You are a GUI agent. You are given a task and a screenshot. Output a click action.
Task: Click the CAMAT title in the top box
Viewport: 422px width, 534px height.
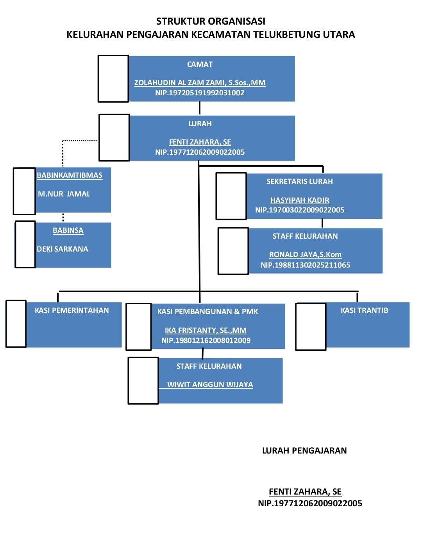point(200,64)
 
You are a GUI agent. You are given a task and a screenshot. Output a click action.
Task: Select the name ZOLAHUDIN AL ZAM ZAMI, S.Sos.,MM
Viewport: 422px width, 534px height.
point(200,83)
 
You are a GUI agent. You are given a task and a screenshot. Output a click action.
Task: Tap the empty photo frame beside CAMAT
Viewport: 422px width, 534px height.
point(113,79)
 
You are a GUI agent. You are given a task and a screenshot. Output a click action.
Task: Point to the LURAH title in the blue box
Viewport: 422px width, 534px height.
point(200,124)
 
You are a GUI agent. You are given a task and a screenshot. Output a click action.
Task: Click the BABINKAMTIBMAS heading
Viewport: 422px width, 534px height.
point(70,175)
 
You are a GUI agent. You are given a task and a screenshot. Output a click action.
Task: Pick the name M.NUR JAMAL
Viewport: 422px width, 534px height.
point(64,194)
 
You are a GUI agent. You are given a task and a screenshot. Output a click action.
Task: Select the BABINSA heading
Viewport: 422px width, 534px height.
point(68,230)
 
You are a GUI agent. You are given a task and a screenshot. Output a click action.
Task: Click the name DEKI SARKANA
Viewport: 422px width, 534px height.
point(63,249)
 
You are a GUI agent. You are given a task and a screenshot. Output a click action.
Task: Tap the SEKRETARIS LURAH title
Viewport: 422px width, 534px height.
point(300,182)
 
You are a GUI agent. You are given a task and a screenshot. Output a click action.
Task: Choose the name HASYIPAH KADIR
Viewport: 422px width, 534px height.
point(300,200)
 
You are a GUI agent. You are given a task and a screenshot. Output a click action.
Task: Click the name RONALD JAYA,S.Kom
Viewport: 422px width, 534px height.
point(305,255)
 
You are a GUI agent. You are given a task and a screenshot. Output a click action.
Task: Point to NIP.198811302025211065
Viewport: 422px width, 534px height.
point(305,265)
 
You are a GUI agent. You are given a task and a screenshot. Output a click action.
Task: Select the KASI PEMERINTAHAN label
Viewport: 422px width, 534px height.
point(72,311)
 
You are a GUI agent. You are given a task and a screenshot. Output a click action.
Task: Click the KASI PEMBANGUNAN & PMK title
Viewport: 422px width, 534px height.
point(207,312)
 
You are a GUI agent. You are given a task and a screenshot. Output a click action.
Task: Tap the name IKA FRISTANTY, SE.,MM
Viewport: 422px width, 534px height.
point(206,330)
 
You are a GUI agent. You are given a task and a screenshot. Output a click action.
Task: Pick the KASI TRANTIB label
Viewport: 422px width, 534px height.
point(364,311)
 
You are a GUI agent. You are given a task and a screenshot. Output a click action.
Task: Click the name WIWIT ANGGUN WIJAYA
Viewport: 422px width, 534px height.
point(210,385)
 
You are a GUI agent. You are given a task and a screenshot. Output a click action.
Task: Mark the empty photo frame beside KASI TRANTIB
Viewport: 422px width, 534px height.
point(311,327)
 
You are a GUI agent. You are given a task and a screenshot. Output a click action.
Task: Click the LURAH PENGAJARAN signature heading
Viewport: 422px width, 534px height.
point(304,451)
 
